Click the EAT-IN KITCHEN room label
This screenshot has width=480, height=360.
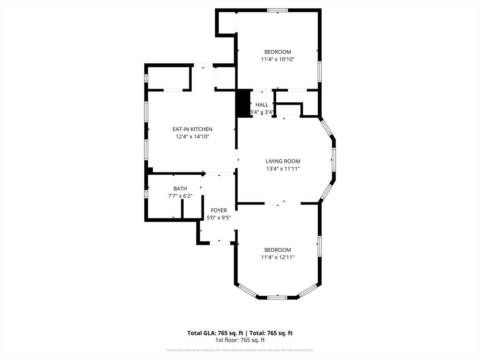click(x=192, y=129)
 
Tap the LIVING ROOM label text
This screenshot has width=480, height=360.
click(x=283, y=161)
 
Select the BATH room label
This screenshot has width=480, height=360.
click(x=180, y=188)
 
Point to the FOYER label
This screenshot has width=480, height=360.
click(x=218, y=210)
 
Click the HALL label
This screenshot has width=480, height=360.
click(x=262, y=105)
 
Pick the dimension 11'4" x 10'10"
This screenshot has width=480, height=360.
click(x=277, y=60)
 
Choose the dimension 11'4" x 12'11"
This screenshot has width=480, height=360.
click(x=277, y=257)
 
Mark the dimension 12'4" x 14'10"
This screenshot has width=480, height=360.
click(x=192, y=137)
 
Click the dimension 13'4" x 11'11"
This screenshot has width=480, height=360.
click(x=283, y=169)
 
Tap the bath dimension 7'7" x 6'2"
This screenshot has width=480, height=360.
click(x=180, y=196)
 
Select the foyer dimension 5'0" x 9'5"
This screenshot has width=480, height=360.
click(x=218, y=218)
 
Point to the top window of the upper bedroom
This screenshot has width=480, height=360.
click(x=277, y=10)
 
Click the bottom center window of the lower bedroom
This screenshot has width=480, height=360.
click(x=277, y=297)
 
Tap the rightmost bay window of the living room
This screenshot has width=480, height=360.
click(x=334, y=160)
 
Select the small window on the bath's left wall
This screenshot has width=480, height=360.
click(x=146, y=193)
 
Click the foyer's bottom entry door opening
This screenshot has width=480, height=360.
click(x=219, y=242)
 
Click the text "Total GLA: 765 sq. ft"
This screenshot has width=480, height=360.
click(x=213, y=333)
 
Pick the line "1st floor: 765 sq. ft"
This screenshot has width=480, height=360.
click(x=240, y=340)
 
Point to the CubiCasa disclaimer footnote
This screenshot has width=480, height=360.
click(x=240, y=350)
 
